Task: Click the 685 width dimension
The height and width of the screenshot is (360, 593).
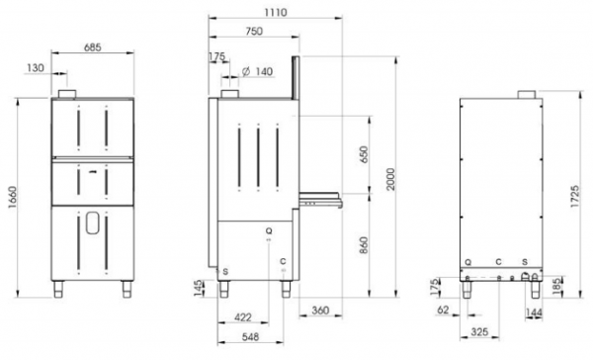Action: pyautogui.click(x=93, y=47)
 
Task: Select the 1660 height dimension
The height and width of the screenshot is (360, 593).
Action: pyautogui.click(x=12, y=198)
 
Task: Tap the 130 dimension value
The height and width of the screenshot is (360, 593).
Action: pyautogui.click(x=36, y=68)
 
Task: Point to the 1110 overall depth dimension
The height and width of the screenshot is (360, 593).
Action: pyautogui.click(x=276, y=13)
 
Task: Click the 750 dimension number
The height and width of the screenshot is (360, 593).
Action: pyautogui.click(x=254, y=31)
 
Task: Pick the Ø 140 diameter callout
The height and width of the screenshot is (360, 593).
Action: pyautogui.click(x=257, y=71)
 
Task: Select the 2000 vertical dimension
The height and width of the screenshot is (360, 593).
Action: pyautogui.click(x=390, y=179)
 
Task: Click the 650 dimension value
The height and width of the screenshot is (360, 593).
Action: pyautogui.click(x=364, y=154)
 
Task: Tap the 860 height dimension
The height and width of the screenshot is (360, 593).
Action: pyautogui.click(x=364, y=245)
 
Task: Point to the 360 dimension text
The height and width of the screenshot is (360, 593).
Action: pyautogui.click(x=320, y=311)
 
